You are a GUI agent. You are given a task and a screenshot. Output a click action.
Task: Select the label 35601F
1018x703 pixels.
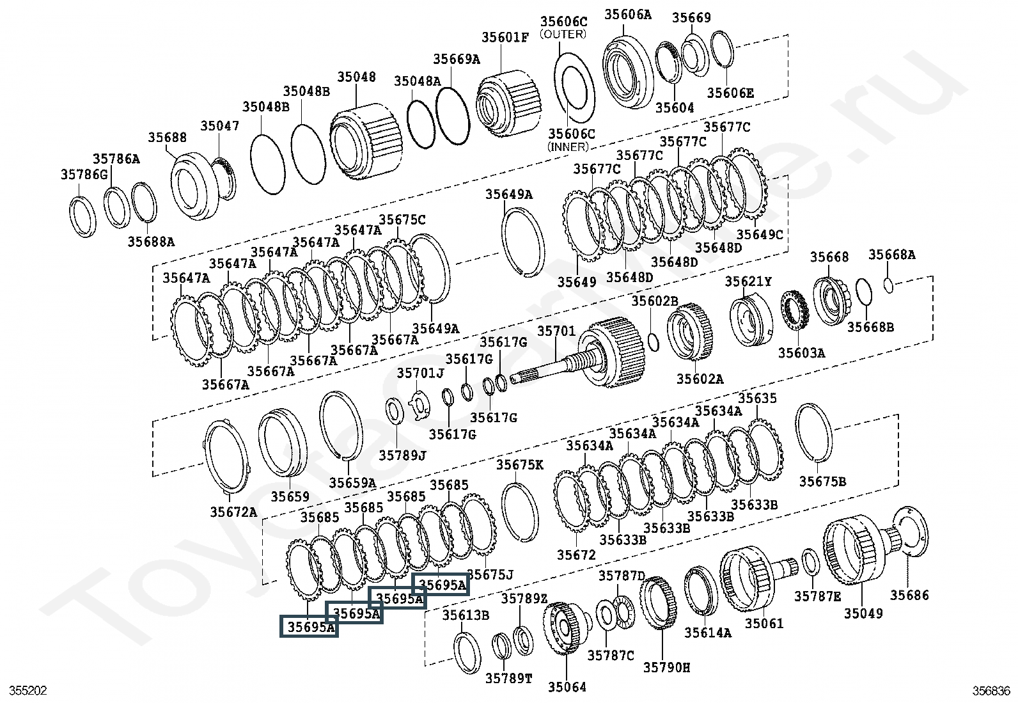[505, 36]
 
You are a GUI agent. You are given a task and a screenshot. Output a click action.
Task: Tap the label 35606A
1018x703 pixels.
[627, 14]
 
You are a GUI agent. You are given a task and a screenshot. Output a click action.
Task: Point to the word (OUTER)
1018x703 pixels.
[563, 34]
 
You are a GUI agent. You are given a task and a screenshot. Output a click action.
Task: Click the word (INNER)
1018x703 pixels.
[567, 146]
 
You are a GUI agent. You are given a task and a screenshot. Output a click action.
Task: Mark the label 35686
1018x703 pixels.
[909, 595]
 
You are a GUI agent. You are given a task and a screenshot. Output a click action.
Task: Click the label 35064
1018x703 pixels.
[567, 687]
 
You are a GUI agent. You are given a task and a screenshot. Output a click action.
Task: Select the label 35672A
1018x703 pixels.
[233, 512]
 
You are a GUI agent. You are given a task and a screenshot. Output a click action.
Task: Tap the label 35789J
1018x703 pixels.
[402, 455]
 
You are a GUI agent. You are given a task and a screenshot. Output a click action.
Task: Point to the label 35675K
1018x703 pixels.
[519, 464]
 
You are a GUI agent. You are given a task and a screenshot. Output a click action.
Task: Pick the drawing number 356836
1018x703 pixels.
[991, 691]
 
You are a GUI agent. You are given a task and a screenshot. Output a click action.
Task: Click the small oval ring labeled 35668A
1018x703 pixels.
[889, 285]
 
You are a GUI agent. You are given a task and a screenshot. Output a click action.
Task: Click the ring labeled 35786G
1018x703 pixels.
[82, 217]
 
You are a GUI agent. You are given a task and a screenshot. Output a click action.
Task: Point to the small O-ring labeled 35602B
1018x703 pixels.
[653, 342]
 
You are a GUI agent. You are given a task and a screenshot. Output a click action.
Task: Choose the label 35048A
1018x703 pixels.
[417, 81]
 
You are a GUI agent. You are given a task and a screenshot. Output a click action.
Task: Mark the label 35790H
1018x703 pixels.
[666, 667]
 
